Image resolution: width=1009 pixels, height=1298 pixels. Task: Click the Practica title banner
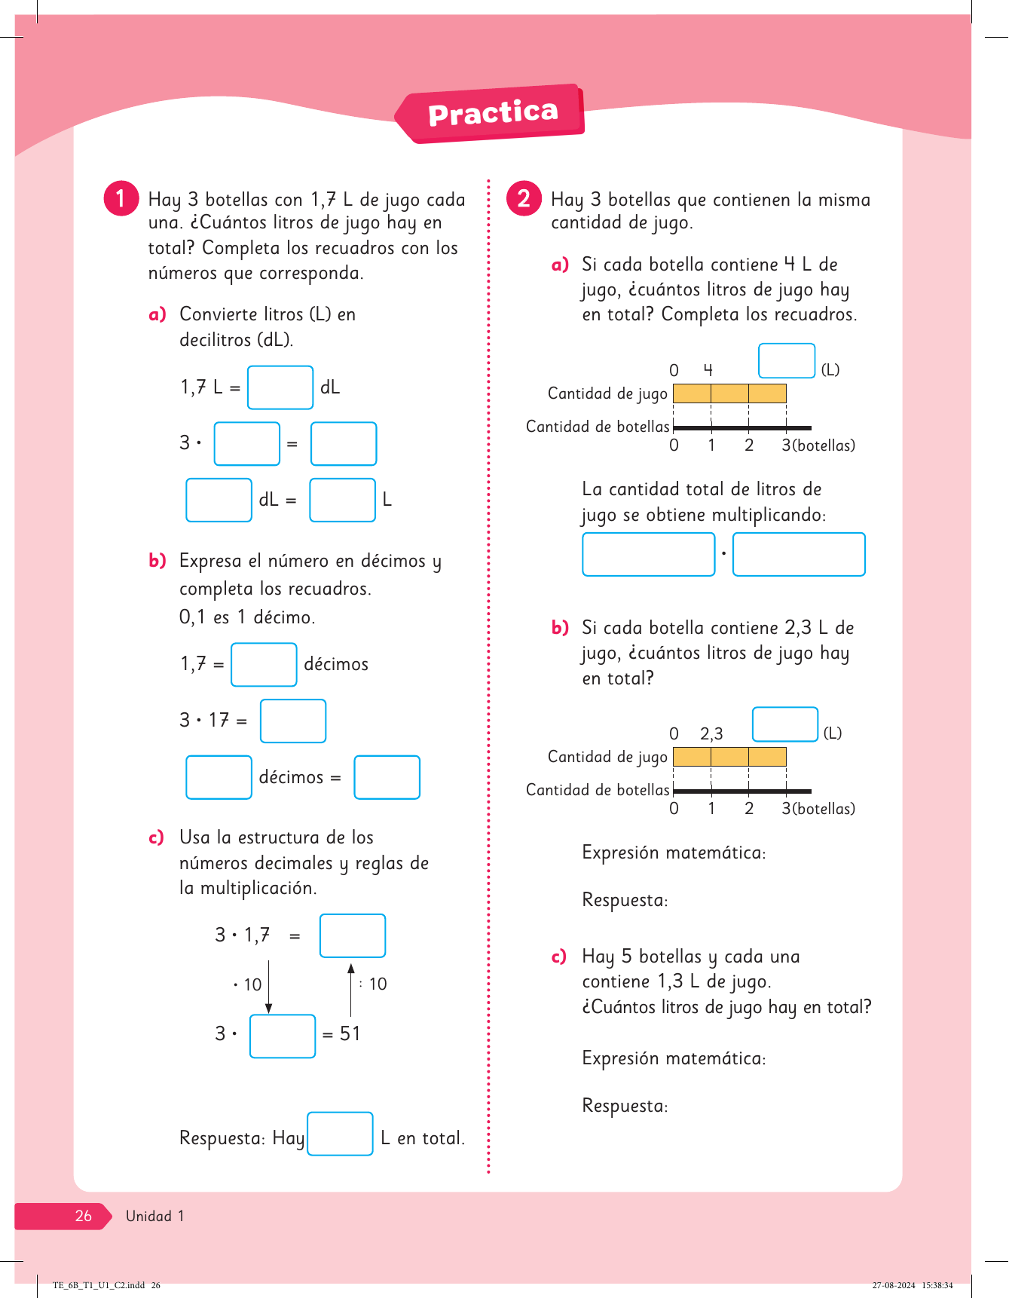point(493,113)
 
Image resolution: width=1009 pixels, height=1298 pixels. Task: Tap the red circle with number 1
point(121,198)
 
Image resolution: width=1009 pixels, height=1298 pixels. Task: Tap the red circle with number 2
point(524,198)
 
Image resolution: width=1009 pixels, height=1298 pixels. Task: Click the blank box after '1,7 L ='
point(280,387)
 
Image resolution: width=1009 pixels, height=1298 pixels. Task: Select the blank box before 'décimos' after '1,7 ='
point(264,664)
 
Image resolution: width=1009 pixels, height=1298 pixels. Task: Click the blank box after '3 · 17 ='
point(293,721)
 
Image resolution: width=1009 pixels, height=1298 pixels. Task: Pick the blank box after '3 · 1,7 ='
point(353,935)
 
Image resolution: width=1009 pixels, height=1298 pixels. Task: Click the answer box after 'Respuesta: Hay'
point(340,1134)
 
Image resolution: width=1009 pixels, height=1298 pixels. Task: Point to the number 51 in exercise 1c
point(350,1033)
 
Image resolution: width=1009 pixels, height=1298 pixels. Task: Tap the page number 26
point(83,1216)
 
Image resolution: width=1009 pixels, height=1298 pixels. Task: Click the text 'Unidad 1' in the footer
point(154,1216)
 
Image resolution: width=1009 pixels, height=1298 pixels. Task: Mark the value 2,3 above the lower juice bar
point(711,733)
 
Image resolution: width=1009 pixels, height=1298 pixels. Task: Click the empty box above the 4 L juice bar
point(787,360)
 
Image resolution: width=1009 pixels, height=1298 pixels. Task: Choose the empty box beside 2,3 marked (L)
point(785,724)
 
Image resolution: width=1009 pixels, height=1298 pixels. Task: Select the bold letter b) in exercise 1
point(157,560)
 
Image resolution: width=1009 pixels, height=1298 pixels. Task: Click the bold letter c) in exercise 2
point(558,957)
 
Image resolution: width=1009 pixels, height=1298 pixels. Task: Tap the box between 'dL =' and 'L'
point(342,500)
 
